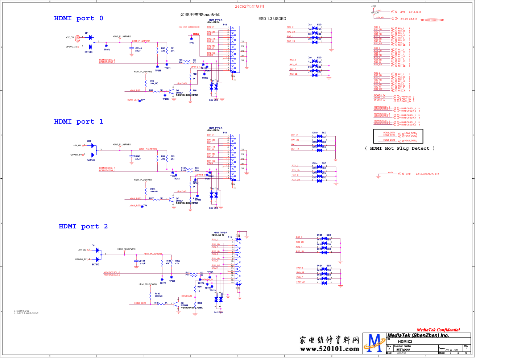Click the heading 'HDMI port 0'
(78, 18)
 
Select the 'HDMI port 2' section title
(83, 226)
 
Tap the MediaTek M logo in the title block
(374, 343)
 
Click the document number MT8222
(403, 350)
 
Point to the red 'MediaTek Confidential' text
(438, 330)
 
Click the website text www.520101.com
(330, 349)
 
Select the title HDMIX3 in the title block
(405, 342)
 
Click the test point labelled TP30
(191, 42)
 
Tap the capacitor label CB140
(138, 48)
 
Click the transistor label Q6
(178, 91)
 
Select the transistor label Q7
(178, 199)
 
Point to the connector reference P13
(225, 25)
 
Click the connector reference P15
(230, 237)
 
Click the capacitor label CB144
(142, 261)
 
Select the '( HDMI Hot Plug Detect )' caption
(400, 148)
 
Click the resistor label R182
(157, 294)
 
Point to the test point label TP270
(107, 50)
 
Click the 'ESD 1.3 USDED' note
(272, 18)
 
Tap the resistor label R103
(153, 189)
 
